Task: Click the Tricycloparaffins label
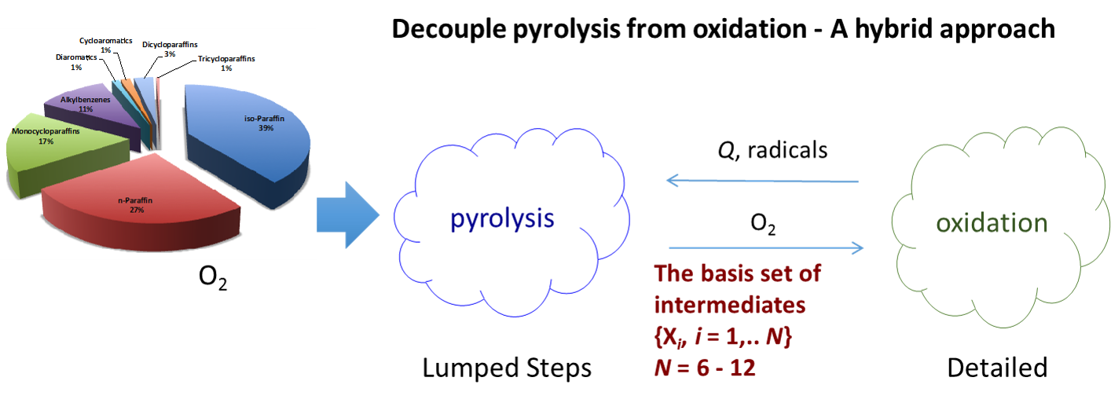(226, 59)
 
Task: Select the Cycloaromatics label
(105, 40)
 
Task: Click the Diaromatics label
(77, 57)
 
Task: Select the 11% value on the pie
(86, 109)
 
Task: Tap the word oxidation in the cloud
(992, 223)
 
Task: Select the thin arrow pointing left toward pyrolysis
(762, 181)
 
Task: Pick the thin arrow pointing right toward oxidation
(766, 248)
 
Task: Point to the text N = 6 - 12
(705, 367)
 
